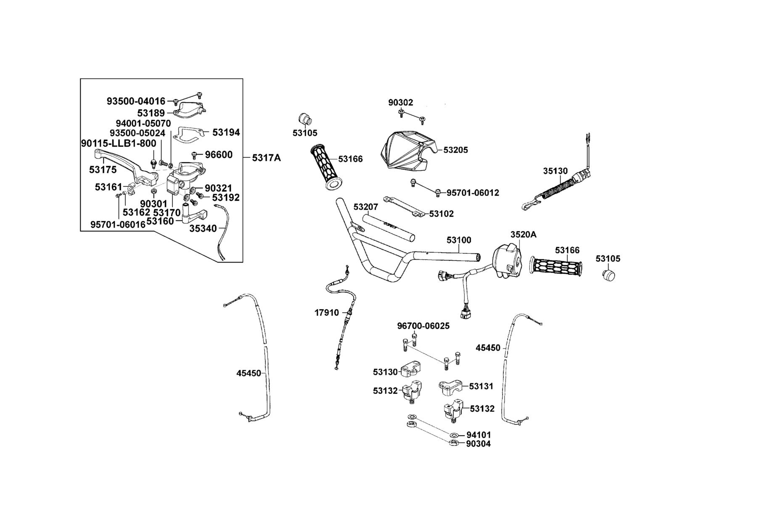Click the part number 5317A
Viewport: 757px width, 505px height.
point(266,158)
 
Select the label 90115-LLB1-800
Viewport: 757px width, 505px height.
point(118,144)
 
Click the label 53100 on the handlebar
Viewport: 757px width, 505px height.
point(459,240)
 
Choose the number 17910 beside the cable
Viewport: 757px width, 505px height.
point(327,313)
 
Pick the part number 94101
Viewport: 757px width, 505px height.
point(479,435)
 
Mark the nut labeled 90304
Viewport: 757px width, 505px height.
point(453,443)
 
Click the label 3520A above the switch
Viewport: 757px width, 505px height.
point(524,234)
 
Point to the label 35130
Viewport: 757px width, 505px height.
point(555,171)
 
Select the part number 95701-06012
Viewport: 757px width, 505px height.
point(473,193)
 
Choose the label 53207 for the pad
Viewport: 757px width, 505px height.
point(365,207)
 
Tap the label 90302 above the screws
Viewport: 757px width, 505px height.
point(400,102)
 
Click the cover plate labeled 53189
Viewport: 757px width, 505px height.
point(189,109)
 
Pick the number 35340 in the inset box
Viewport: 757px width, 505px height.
point(203,228)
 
